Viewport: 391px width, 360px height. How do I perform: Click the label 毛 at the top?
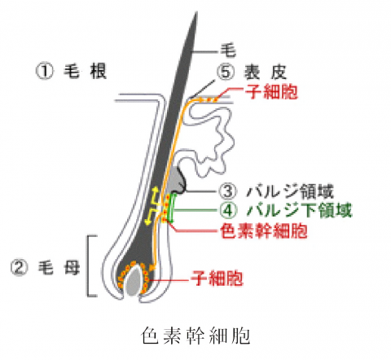click(x=228, y=50)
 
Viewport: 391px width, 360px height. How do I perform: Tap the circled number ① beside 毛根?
click(x=45, y=71)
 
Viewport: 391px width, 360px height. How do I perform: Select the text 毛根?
click(x=85, y=71)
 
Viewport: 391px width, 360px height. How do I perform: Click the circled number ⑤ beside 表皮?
click(x=226, y=72)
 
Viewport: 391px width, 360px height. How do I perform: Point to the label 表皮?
click(x=266, y=72)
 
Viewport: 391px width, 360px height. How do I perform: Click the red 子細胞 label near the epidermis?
click(x=271, y=92)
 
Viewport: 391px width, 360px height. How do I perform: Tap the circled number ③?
click(x=228, y=191)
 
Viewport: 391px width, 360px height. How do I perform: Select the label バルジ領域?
click(x=290, y=191)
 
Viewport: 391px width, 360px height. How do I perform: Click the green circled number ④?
click(x=228, y=210)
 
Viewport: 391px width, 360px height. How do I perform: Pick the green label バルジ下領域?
click(x=299, y=210)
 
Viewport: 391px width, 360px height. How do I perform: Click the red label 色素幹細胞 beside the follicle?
click(x=264, y=230)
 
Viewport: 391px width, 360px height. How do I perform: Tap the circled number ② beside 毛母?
click(x=20, y=267)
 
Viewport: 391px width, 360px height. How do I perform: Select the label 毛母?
click(x=59, y=268)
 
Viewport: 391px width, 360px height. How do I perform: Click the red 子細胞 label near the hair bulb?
click(x=217, y=278)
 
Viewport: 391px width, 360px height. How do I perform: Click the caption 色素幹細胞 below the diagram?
click(x=195, y=336)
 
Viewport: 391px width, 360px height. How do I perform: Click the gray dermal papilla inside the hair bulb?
click(x=134, y=280)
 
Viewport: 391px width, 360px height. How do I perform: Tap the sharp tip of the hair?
click(x=196, y=12)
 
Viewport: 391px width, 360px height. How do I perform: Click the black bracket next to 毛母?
click(x=90, y=266)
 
